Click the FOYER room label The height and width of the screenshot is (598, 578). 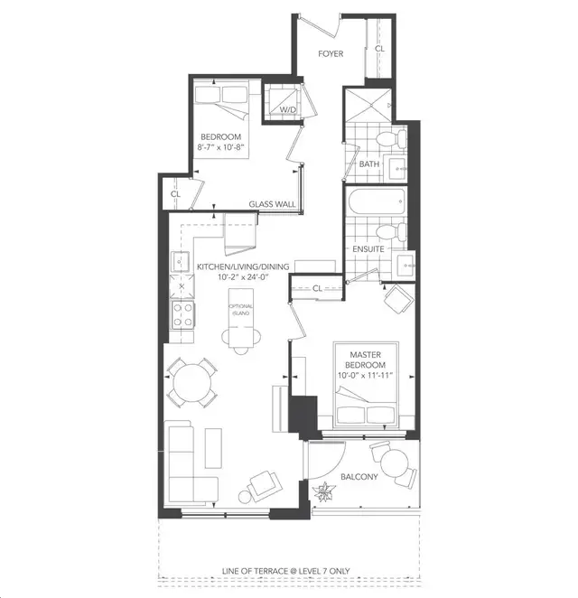click(x=330, y=53)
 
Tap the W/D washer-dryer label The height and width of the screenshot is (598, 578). click(x=288, y=110)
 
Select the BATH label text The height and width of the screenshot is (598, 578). click(x=368, y=164)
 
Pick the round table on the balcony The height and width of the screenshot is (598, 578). click(x=395, y=465)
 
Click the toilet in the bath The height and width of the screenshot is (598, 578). click(x=387, y=141)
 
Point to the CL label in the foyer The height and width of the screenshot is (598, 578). click(x=379, y=48)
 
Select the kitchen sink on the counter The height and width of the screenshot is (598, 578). click(x=180, y=263)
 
